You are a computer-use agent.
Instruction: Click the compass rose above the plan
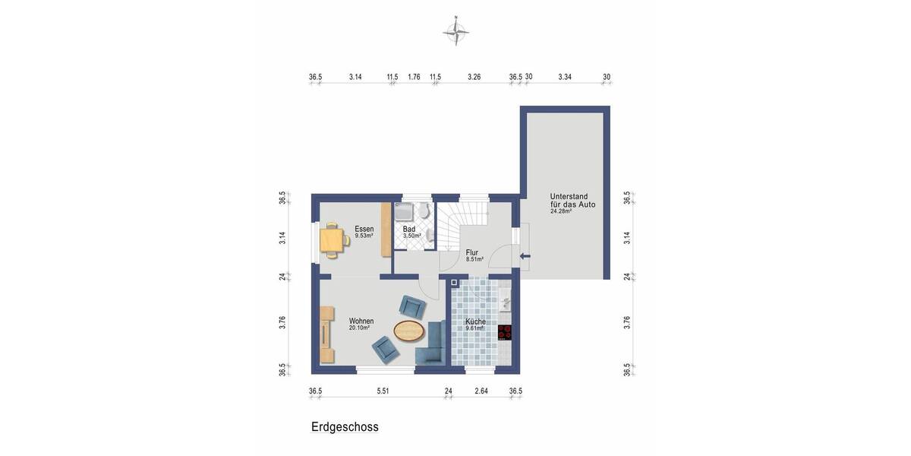pyautogui.click(x=455, y=31)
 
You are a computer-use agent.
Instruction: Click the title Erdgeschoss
pyautogui.click(x=345, y=427)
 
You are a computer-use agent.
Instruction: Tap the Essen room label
pyautogui.click(x=364, y=229)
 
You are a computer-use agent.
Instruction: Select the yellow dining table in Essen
pyautogui.click(x=332, y=240)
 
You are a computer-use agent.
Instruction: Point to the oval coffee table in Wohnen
pyautogui.click(x=409, y=330)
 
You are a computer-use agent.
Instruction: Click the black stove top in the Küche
pyautogui.click(x=505, y=332)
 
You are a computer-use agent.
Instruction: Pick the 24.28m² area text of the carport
pyautogui.click(x=561, y=211)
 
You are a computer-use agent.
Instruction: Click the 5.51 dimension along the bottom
pyautogui.click(x=383, y=391)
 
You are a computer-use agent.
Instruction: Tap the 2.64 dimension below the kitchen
pyautogui.click(x=481, y=391)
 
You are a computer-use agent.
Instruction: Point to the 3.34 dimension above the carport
pyautogui.click(x=565, y=77)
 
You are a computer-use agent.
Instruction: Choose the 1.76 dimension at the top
pyautogui.click(x=414, y=77)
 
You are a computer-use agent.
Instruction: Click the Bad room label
pyautogui.click(x=409, y=229)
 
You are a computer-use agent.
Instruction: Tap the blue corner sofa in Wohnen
pyautogui.click(x=433, y=345)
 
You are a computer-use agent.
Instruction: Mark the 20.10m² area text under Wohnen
pyautogui.click(x=359, y=328)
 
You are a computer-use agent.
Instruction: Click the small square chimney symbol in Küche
pyautogui.click(x=454, y=283)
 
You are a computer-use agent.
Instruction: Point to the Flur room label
pyautogui.click(x=472, y=252)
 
